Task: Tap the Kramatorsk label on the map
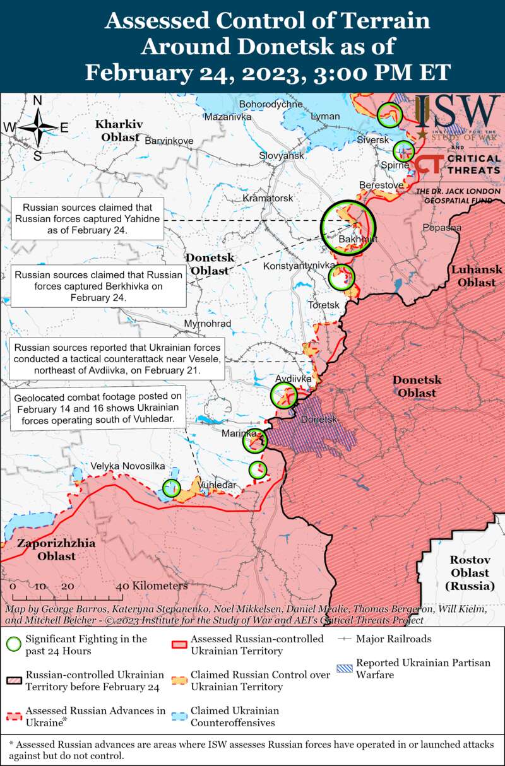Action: [x=268, y=198]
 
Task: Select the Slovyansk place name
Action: [x=282, y=155]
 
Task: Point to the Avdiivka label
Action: [x=294, y=379]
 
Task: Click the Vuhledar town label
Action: [x=217, y=485]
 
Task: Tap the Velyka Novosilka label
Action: [x=128, y=466]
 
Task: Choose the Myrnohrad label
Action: [x=207, y=324]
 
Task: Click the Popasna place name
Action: [x=442, y=227]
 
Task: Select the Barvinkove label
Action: [x=169, y=141]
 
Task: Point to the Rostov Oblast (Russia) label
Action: [x=470, y=573]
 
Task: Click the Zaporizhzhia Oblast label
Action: [x=56, y=550]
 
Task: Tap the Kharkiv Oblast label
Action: [x=119, y=130]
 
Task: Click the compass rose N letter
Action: [x=37, y=100]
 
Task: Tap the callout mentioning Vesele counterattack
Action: [x=117, y=359]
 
